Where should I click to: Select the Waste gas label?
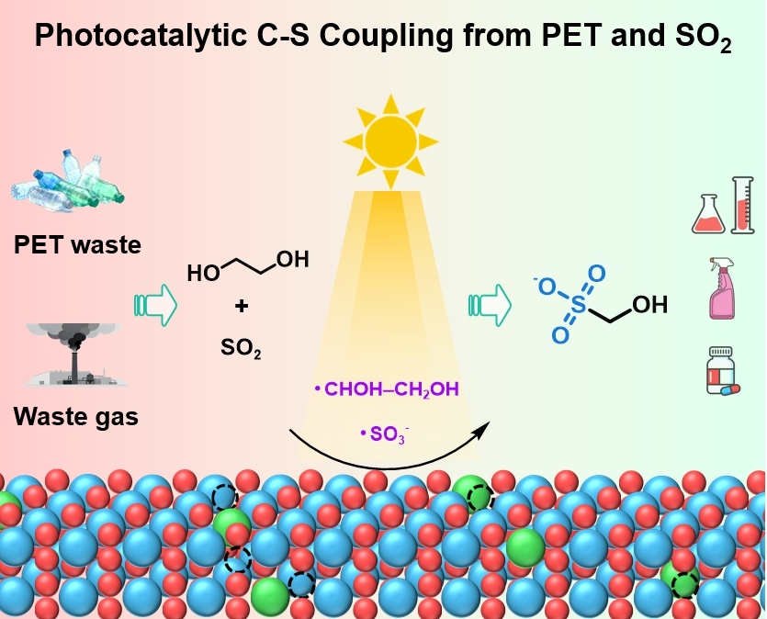[75, 417]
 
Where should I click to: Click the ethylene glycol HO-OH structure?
[247, 266]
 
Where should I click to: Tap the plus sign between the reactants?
[242, 306]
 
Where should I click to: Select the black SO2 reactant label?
[241, 347]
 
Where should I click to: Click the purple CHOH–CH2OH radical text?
[387, 391]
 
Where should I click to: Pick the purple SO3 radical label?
[386, 432]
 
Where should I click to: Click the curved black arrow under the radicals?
[386, 450]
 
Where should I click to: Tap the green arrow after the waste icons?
[153, 304]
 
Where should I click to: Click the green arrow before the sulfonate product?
[489, 304]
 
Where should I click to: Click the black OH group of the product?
[649, 305]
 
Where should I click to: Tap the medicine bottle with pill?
[723, 370]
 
